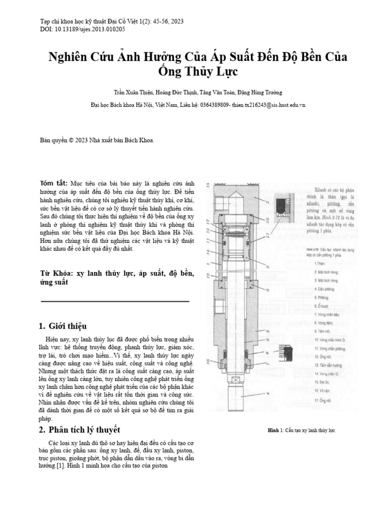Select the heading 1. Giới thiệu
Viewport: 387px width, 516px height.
pos(63,325)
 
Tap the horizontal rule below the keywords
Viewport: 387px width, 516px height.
pos(114,301)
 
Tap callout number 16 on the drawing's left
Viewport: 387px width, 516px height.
pos(208,361)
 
